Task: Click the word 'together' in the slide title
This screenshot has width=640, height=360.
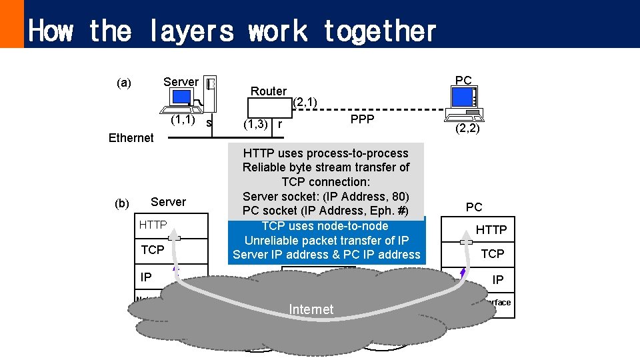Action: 379,31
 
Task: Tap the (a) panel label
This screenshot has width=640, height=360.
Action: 124,83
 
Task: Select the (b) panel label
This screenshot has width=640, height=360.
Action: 122,203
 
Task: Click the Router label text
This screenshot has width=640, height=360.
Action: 269,91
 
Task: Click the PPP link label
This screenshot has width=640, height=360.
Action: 363,119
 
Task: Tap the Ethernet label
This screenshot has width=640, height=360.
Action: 131,138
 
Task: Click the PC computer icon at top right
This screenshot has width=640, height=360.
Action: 464,97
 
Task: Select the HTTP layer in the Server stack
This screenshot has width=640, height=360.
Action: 153,225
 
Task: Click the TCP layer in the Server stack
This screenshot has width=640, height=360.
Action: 153,250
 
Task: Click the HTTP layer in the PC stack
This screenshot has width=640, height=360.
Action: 491,230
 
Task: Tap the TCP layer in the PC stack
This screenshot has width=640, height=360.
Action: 493,253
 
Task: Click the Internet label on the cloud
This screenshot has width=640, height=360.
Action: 311,309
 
